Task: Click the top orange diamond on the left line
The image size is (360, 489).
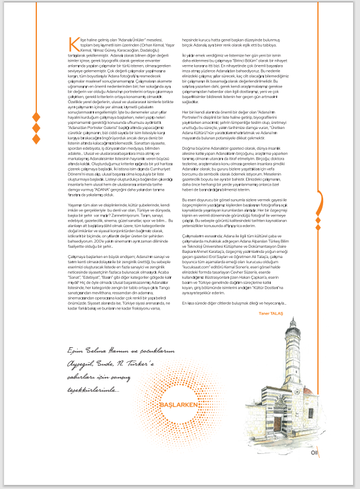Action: tap(36, 117)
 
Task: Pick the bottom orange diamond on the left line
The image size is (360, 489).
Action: tap(36, 139)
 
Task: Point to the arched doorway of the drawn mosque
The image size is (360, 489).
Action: tap(276, 424)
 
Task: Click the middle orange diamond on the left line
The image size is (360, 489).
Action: tap(36, 128)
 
